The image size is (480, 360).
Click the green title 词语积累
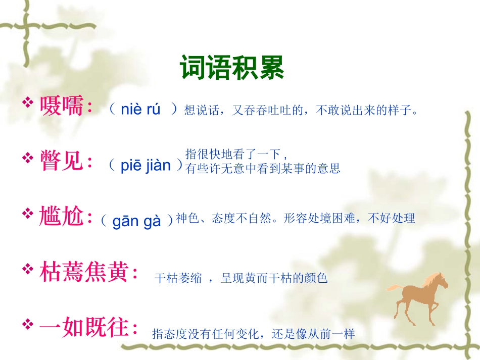(x=232, y=68)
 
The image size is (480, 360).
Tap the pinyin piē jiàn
(x=146, y=165)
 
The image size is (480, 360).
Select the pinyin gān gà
(x=136, y=221)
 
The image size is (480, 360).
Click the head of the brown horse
(x=440, y=279)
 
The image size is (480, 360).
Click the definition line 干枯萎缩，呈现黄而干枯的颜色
(x=241, y=278)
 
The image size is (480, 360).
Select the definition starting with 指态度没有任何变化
(x=254, y=334)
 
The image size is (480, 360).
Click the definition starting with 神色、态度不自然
(x=296, y=219)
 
